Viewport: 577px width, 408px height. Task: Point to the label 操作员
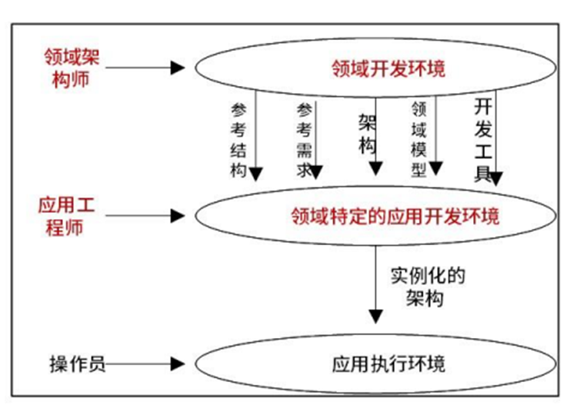[77, 363]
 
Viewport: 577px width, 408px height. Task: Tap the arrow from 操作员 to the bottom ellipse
[147, 363]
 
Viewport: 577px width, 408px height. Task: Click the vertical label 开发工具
[482, 139]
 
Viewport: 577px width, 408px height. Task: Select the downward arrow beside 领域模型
[435, 134]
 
